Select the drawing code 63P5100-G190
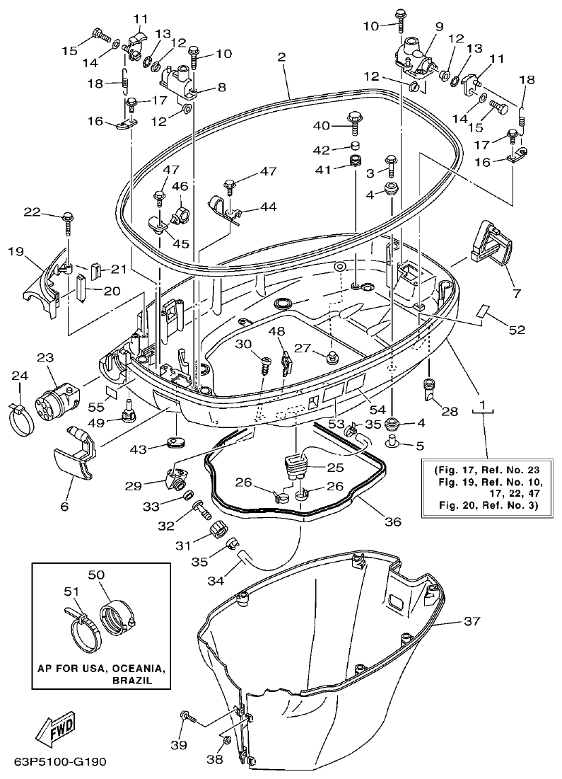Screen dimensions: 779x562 [x=59, y=763]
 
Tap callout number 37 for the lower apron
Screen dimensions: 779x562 [x=472, y=621]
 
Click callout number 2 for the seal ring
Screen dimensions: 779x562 [x=281, y=57]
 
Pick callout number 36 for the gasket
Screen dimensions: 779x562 [x=392, y=522]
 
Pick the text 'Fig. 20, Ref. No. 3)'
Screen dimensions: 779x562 [x=484, y=505]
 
